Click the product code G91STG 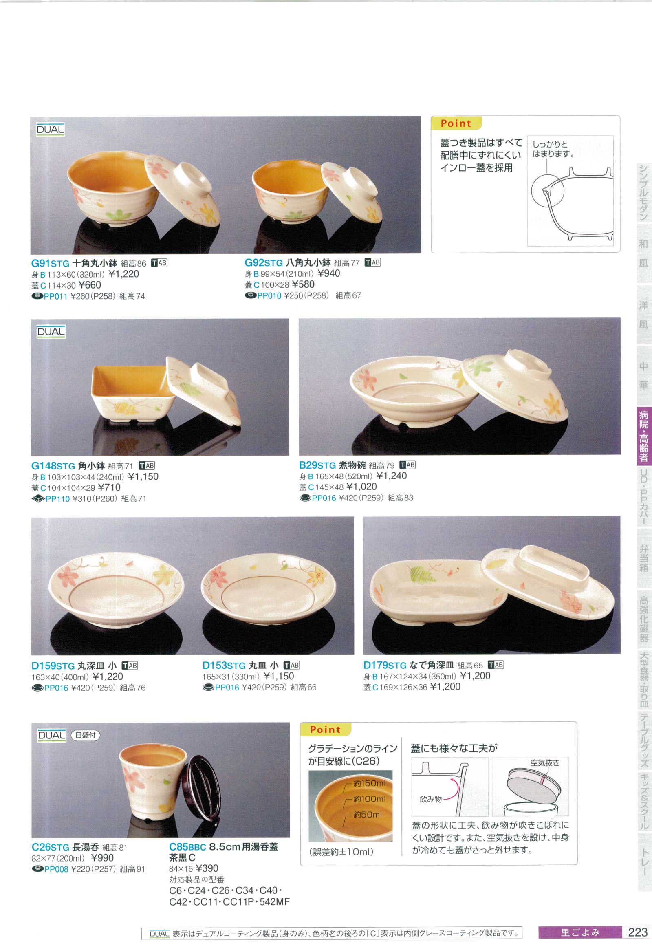click(50, 263)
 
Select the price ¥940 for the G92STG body click(328, 273)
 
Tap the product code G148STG click(53, 466)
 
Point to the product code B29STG click(317, 465)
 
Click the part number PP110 click(58, 499)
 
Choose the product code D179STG click(385, 665)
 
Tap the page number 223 click(638, 932)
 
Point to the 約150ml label click(370, 783)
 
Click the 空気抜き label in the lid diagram click(545, 763)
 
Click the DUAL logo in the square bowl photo click(51, 332)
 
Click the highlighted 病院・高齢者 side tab click(644, 436)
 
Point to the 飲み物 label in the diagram click(431, 799)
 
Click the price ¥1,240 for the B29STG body click(392, 476)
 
